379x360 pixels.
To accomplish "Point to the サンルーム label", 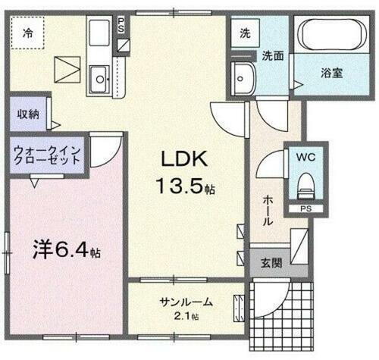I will click(185, 302).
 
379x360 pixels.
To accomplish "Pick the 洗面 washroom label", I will click(274, 55).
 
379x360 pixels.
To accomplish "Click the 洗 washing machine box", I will click(246, 34).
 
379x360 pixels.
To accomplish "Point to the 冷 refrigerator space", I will click(27, 33).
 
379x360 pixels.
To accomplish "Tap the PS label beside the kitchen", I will click(121, 26).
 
